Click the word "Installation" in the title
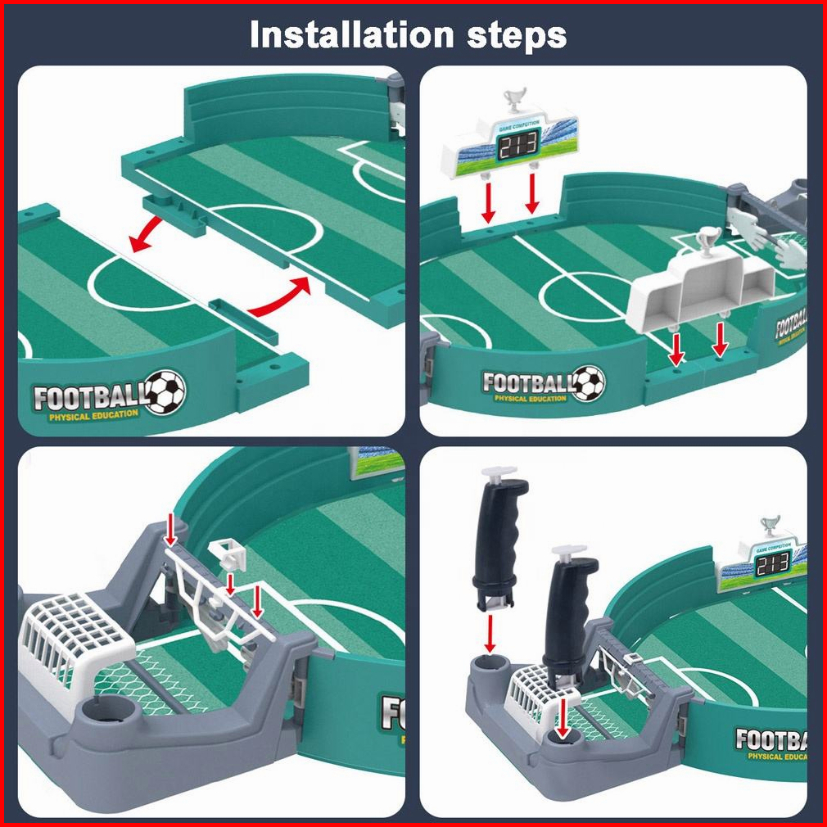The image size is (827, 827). pos(352,36)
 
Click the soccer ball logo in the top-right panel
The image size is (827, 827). pos(588,382)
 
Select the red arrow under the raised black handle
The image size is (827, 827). pos(490,631)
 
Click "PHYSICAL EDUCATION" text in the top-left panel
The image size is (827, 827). pos(93,415)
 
